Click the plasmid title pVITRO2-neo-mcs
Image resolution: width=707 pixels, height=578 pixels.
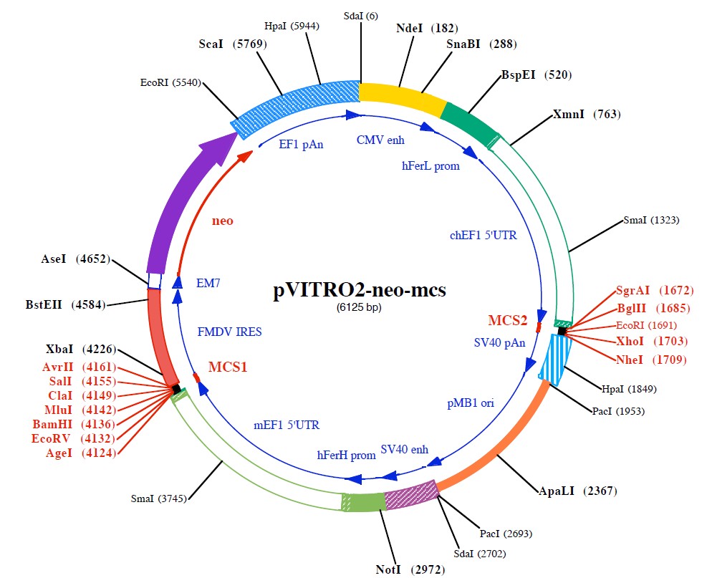click(x=360, y=291)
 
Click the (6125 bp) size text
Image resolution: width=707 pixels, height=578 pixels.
click(x=360, y=308)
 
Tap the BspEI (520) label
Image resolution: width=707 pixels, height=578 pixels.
click(x=536, y=74)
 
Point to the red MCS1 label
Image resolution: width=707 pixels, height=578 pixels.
click(x=228, y=367)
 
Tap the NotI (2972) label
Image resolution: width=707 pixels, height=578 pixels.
click(x=410, y=569)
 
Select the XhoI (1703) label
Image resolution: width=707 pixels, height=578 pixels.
click(x=652, y=341)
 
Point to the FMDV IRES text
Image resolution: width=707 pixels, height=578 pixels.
click(x=230, y=332)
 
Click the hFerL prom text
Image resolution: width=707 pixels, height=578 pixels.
click(x=431, y=165)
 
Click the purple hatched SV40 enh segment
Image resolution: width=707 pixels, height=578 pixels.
click(x=411, y=494)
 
